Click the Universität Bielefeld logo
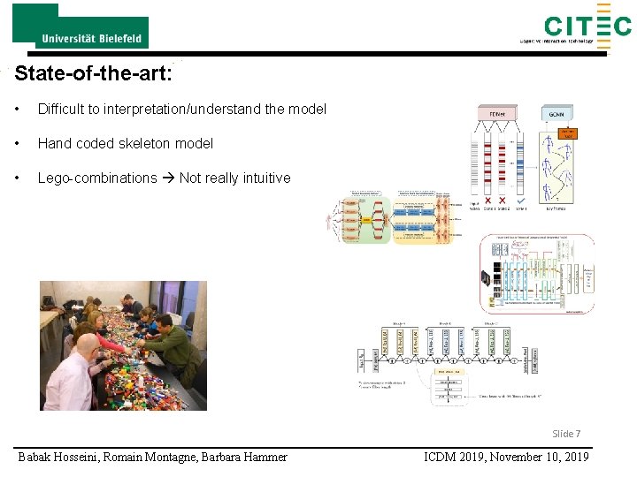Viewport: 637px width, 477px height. tap(81, 26)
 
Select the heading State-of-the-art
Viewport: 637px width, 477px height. tap(93, 72)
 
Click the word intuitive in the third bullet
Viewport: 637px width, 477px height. tap(262, 178)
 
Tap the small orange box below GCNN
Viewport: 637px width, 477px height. tap(567, 133)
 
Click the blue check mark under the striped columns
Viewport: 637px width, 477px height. tap(523, 201)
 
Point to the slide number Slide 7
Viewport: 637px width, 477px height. tap(566, 434)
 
